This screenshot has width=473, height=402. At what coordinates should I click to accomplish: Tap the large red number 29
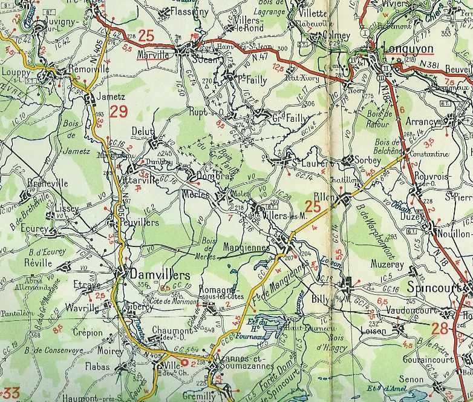(119, 111)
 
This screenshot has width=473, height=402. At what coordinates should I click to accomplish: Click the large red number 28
(440, 329)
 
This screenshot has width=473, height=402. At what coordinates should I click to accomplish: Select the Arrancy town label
(422, 122)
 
